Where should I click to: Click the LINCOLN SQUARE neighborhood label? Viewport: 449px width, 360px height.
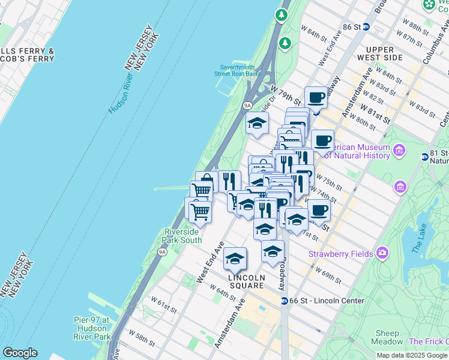(247, 281)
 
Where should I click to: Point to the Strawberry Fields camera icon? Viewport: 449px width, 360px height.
(382, 253)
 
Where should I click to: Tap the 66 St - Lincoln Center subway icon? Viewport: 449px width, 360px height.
(284, 300)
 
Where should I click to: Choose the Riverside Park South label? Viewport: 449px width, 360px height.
(182, 236)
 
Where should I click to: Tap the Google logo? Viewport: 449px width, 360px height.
(20, 353)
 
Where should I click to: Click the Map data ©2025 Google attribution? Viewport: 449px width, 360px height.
(412, 355)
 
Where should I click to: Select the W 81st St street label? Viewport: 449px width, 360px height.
(376, 113)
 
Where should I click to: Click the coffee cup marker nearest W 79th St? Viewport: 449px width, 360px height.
(316, 97)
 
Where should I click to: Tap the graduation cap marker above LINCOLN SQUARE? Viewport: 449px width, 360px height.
(235, 259)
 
